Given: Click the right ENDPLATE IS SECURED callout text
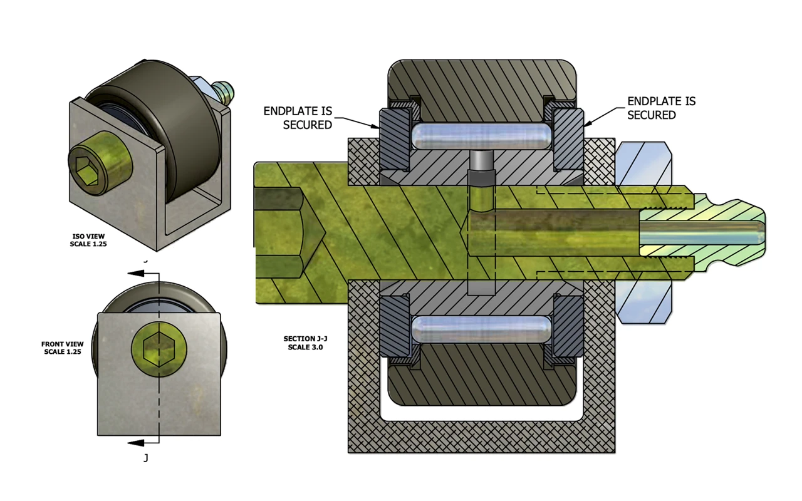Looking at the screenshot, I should [x=661, y=108].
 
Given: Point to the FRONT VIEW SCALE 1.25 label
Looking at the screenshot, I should [x=62, y=348].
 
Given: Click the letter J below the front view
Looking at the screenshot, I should [x=146, y=458].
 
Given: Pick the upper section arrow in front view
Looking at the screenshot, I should [x=141, y=274].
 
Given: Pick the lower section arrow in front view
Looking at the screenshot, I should [x=141, y=443].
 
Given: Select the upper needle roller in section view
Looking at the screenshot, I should [x=481, y=136].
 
